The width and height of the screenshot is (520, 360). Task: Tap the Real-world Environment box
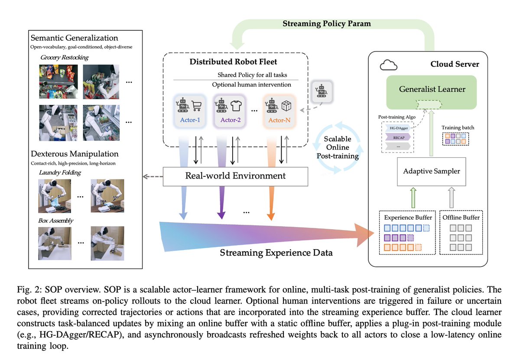[x=235, y=176]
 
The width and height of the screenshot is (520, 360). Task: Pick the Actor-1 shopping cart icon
[x=197, y=105]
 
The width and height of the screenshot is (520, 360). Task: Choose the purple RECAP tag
[x=397, y=137]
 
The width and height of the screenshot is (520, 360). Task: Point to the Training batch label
[x=458, y=128]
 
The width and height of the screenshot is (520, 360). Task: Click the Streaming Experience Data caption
[x=276, y=253]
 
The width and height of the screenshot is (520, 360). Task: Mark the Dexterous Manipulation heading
[x=74, y=154]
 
